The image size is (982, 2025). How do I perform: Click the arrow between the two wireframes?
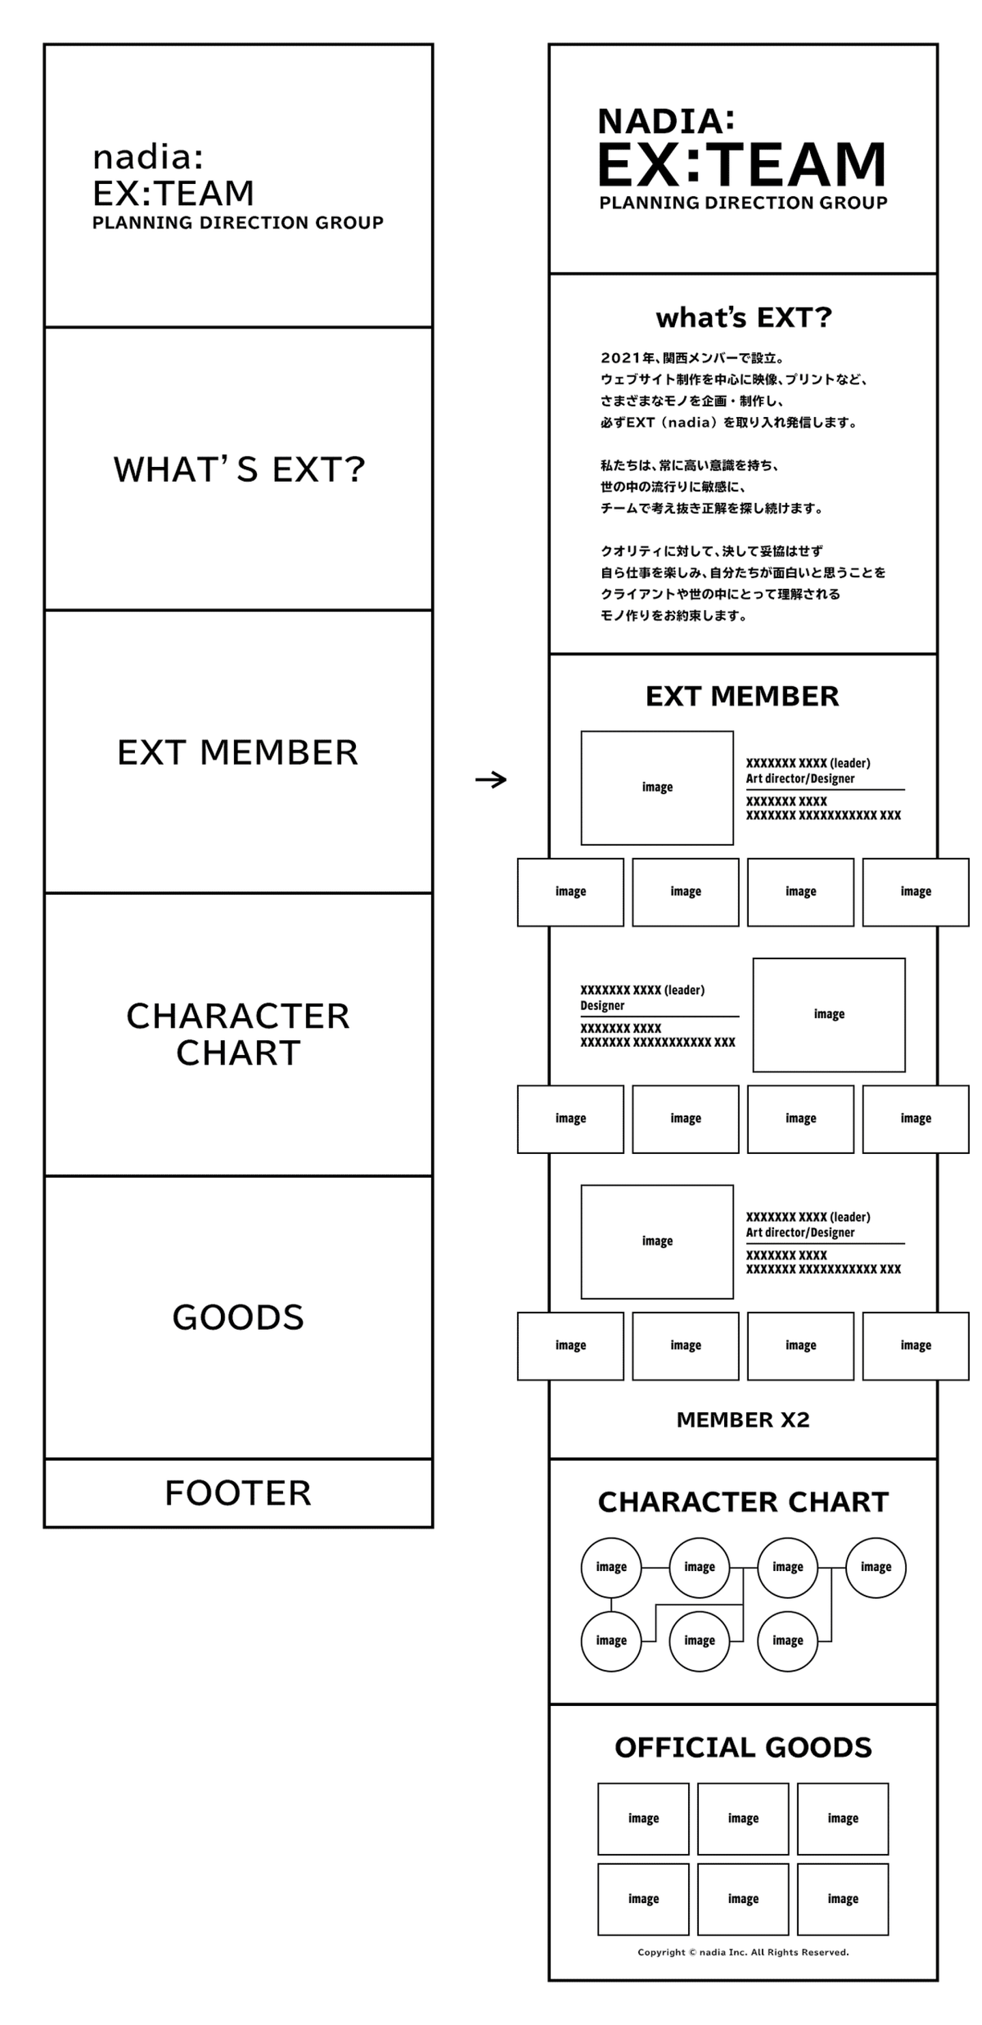coord(490,780)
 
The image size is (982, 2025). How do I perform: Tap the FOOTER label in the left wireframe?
coord(237,1493)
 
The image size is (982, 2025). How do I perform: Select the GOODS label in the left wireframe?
coord(237,1318)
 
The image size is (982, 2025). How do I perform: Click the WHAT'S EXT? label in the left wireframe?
coord(239,470)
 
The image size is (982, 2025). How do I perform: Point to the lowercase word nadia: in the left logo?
coord(148,157)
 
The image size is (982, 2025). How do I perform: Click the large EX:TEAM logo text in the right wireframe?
coord(741,165)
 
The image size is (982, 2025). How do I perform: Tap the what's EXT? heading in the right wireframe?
coord(743,318)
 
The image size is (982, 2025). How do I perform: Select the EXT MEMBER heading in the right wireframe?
coord(742,697)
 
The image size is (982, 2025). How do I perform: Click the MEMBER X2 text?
coord(742,1420)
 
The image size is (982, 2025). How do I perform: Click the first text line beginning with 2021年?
coord(692,359)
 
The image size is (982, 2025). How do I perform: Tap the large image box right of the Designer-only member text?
coord(829,1015)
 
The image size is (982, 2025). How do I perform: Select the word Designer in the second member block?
coord(602,1006)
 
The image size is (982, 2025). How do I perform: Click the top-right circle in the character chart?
coord(875,1568)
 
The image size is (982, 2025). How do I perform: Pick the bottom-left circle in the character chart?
coord(611,1641)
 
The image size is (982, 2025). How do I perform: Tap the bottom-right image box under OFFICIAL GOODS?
coord(842,1899)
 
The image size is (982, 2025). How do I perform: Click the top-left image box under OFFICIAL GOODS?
coord(643,1819)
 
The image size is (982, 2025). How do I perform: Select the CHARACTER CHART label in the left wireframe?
coord(237,1035)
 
